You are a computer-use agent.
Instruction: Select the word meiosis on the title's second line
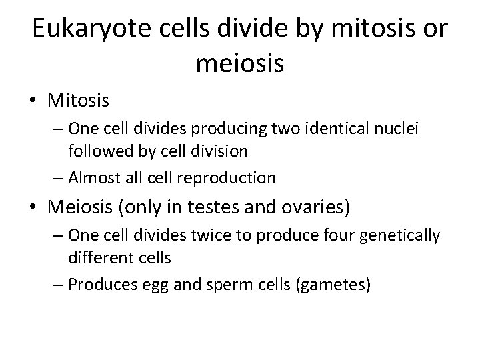tap(241, 64)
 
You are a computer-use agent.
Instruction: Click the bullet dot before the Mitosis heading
tap(35, 101)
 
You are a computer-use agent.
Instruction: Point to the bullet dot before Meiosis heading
tap(35, 208)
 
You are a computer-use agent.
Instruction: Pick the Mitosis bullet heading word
tap(79, 101)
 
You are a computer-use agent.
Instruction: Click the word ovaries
tap(319, 208)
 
